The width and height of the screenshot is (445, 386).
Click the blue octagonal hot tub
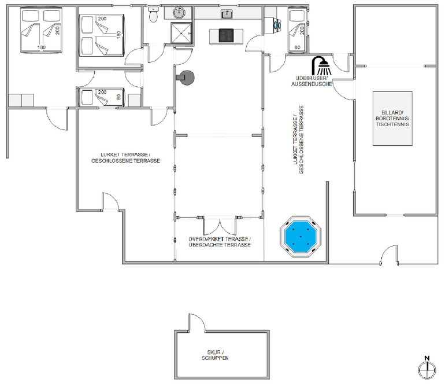tap(301, 236)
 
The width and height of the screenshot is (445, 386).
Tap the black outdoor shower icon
tap(321, 65)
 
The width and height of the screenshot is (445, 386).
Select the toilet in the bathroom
tap(154, 15)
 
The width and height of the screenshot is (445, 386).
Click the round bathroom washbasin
tap(179, 12)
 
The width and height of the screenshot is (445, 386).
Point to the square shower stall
tap(181, 33)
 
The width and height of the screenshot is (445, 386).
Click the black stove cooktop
tap(226, 35)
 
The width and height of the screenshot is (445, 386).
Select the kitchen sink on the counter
tap(227, 14)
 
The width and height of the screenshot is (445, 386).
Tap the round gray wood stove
tap(186, 78)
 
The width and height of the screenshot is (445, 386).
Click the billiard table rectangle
tap(392, 119)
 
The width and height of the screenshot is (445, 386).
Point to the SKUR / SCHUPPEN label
tap(215, 355)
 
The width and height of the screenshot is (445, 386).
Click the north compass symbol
tap(427, 367)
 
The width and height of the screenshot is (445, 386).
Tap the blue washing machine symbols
tap(276, 24)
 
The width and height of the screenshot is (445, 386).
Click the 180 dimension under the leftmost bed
tap(42, 47)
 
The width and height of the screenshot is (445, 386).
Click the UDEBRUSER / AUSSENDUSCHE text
tap(311, 81)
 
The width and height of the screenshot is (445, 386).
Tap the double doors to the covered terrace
tap(220, 226)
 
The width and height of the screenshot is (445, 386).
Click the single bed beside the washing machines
tap(298, 31)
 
